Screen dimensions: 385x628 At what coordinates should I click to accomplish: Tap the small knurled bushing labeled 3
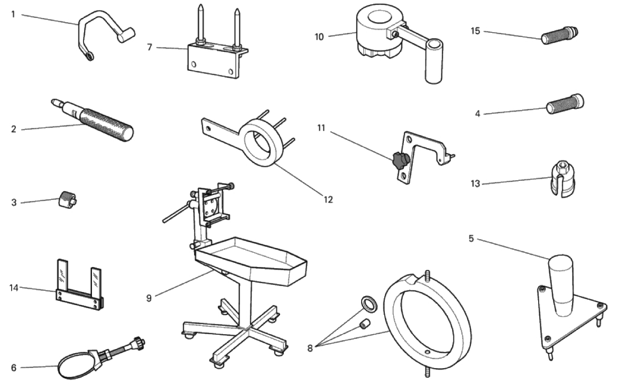(67, 201)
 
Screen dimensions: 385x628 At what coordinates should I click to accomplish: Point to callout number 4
(477, 114)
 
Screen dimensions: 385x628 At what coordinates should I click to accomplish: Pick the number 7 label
(150, 48)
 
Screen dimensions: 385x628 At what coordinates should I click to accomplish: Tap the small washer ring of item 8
(366, 303)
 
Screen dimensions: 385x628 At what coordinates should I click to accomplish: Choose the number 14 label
(14, 288)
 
